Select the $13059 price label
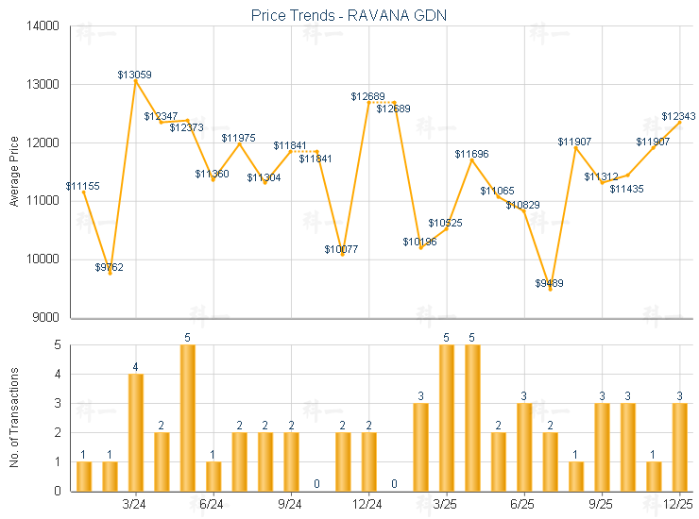[135, 75]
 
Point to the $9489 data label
[549, 283]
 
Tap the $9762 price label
[110, 267]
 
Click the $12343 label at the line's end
[678, 116]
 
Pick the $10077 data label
[342, 249]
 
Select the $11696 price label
[471, 153]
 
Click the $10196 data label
[419, 242]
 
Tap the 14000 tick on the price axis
[45, 26]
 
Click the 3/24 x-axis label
[135, 505]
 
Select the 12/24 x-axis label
[368, 505]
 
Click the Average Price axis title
[13, 172]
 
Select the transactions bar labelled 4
[136, 432]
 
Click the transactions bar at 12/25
[680, 447]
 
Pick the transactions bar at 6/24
[213, 476]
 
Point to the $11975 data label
[239, 138]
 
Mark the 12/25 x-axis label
[679, 505]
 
